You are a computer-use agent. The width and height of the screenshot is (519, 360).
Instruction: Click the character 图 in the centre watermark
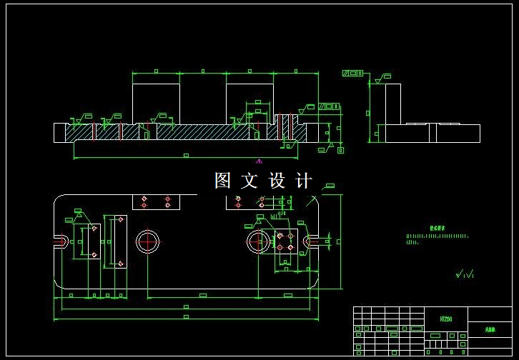coord(224,181)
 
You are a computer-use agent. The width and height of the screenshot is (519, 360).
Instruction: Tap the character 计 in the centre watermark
coord(303,181)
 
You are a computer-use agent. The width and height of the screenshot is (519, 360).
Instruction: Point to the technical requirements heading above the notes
coord(437,229)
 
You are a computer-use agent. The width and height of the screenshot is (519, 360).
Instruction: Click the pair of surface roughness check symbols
coord(465,273)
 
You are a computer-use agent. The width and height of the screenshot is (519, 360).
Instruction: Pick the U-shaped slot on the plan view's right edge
coord(310,242)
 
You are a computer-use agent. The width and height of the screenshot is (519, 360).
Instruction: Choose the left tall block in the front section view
coord(156,104)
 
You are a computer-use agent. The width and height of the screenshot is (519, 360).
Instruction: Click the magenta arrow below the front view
coord(259,161)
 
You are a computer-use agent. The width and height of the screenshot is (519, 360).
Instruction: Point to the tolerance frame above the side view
coord(352,73)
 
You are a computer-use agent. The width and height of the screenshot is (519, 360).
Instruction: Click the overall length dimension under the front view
coord(186,155)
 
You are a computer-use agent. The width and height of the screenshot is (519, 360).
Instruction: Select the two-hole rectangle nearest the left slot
coord(93,241)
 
